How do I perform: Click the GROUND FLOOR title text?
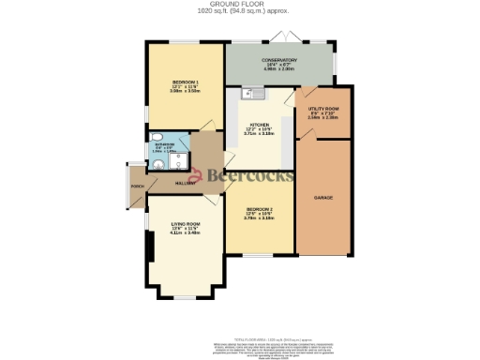[240, 4]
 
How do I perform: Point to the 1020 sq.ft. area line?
[240, 10]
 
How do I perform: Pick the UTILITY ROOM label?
[323, 111]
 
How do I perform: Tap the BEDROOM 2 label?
[260, 209]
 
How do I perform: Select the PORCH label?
[137, 186]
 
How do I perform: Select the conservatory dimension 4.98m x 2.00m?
[278, 70]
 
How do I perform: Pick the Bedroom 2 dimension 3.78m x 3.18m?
[260, 218]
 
